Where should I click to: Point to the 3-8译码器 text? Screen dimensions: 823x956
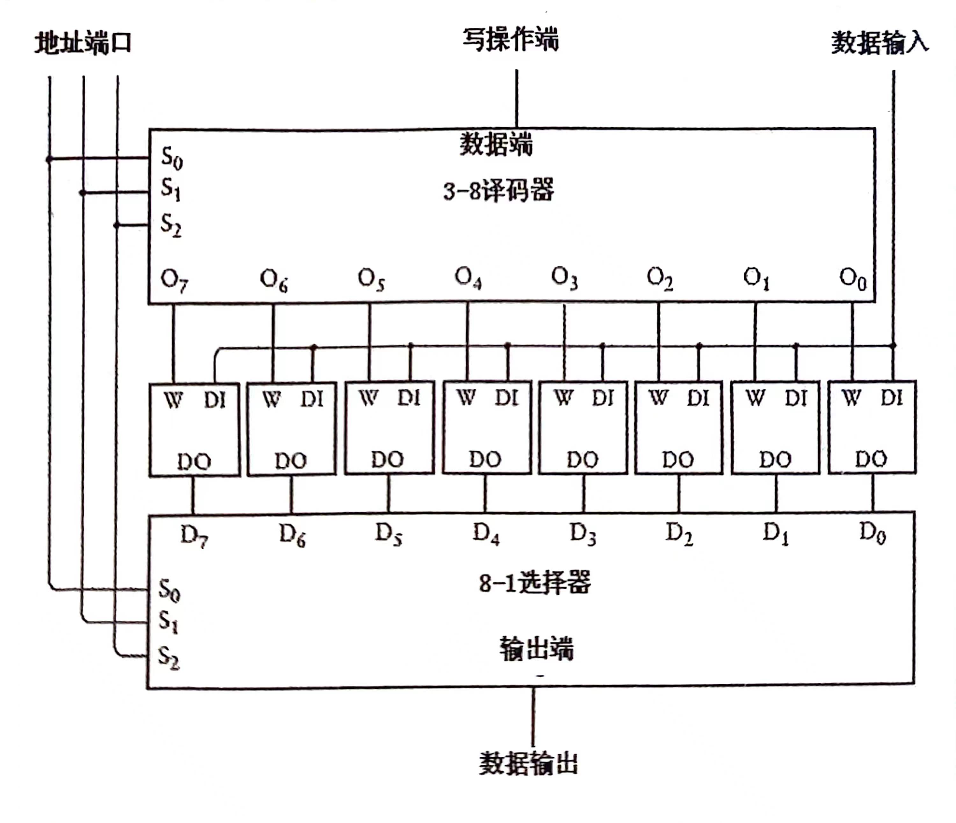(x=498, y=190)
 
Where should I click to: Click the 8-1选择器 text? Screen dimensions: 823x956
(x=535, y=583)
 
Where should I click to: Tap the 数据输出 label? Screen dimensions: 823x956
(x=529, y=764)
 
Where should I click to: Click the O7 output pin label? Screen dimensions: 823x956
(x=174, y=280)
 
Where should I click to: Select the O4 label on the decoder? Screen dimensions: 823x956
(x=468, y=277)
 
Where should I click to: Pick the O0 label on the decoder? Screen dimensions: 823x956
(x=853, y=278)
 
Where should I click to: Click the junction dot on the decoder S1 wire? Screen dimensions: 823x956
(x=83, y=193)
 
